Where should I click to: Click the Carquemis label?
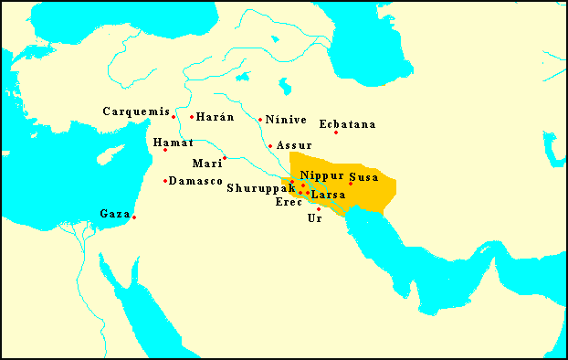click(x=136, y=111)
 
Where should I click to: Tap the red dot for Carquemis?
click(x=174, y=117)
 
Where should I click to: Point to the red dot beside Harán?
click(x=192, y=117)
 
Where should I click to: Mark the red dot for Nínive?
click(x=260, y=120)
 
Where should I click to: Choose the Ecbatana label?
click(x=348, y=124)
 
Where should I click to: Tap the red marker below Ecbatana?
click(x=336, y=133)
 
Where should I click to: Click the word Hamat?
click(x=174, y=143)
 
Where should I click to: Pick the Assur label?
click(x=294, y=145)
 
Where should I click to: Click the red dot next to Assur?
click(x=270, y=146)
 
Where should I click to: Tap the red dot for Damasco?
click(x=165, y=181)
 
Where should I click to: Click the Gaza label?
click(x=115, y=214)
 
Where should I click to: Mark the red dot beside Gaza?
click(x=134, y=217)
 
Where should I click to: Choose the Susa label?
click(x=363, y=175)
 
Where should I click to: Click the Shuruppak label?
click(x=261, y=188)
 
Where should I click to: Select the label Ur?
click(x=315, y=218)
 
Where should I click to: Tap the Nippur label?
click(x=321, y=175)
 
